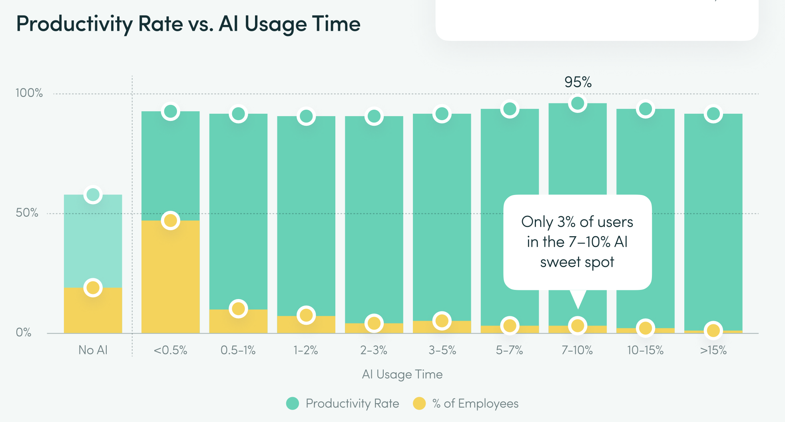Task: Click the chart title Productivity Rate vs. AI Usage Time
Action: [188, 24]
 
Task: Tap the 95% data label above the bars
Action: [578, 82]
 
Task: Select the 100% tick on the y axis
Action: [29, 93]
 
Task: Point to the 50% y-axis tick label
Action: [27, 213]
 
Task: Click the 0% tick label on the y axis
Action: [24, 332]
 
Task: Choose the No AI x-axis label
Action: [93, 350]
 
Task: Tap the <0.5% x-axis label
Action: [170, 350]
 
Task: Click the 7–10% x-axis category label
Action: [577, 350]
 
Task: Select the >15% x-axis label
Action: [713, 350]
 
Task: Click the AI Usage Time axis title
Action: [402, 374]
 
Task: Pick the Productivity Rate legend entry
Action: [343, 403]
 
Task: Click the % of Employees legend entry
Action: [466, 403]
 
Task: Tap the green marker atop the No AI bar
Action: [93, 195]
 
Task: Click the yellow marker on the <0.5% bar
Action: [171, 221]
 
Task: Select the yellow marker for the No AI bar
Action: [93, 287]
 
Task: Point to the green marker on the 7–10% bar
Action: [578, 103]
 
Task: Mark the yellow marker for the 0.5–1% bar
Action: [238, 309]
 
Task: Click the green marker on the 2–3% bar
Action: [374, 116]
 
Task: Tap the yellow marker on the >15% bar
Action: [713, 330]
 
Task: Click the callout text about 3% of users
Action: [577, 242]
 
